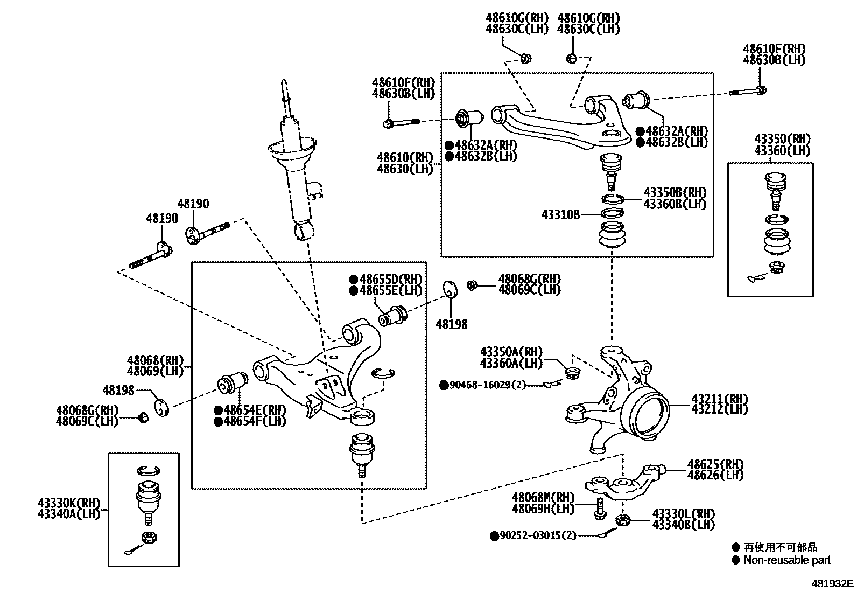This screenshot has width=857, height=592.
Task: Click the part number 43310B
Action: click(560, 215)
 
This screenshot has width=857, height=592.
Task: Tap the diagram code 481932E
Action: click(833, 583)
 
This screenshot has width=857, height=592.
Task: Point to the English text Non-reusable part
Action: click(787, 560)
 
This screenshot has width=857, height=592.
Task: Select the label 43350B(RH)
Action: click(675, 193)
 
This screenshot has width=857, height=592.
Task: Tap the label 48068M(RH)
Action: click(543, 497)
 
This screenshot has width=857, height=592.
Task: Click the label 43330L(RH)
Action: click(683, 513)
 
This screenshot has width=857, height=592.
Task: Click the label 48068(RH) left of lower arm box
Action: click(155, 360)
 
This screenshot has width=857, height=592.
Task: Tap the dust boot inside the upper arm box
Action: click(612, 236)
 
